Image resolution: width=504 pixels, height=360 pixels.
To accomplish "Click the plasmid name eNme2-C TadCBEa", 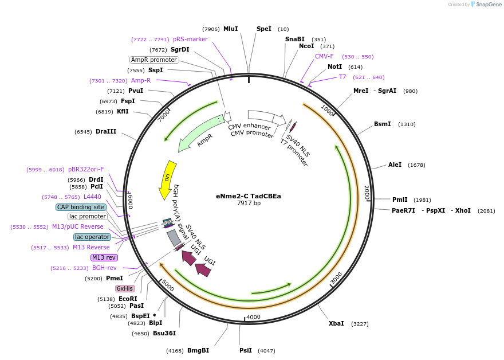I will [x=249, y=195].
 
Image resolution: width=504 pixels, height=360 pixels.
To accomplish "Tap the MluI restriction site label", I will [x=230, y=29].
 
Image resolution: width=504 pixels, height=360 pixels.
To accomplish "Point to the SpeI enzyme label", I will [x=264, y=29].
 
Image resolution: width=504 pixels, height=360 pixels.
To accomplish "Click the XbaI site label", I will [x=336, y=323].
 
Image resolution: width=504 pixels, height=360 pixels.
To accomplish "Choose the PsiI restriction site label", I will [x=245, y=350].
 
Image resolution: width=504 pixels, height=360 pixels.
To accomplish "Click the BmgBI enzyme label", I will [x=198, y=350].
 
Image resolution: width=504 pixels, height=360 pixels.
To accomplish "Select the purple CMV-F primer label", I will [x=324, y=56].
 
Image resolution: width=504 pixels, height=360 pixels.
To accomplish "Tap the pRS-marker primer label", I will [x=190, y=39].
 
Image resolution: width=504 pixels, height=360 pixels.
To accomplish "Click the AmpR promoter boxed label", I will [x=154, y=60].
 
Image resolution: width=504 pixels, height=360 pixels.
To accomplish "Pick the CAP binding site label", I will [x=81, y=207].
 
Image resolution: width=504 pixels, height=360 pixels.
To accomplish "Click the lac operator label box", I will [x=92, y=237].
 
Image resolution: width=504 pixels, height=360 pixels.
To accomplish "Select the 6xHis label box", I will [x=125, y=288].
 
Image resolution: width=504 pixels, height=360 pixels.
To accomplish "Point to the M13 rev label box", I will [x=104, y=257].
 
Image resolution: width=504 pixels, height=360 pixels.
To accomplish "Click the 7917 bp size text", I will [x=249, y=203].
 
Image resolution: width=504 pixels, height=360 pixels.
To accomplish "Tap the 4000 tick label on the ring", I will [x=253, y=316].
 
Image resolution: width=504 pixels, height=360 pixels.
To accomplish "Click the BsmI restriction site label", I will [x=383, y=124].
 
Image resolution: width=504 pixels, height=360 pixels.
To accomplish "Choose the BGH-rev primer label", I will [x=104, y=268].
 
